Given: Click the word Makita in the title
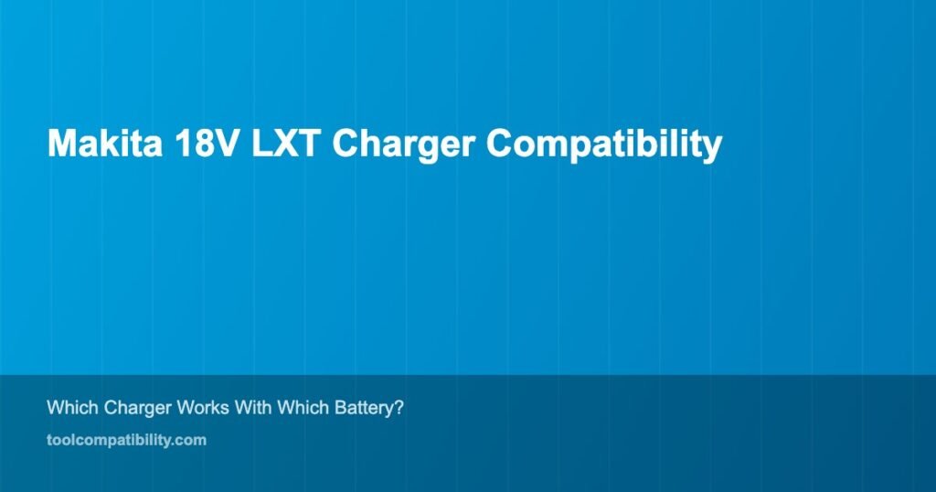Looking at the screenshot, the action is tap(104, 144).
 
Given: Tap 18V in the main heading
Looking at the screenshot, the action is tap(206, 144).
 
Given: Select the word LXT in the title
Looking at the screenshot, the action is tap(284, 144).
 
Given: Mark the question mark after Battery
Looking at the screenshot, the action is tap(399, 408).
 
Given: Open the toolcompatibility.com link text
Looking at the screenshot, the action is tap(126, 441).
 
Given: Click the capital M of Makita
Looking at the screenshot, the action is tap(61, 144).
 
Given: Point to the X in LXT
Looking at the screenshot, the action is tap(283, 144).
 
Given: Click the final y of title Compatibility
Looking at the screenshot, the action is tap(714, 149).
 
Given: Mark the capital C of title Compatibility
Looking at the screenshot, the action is tap(500, 144).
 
